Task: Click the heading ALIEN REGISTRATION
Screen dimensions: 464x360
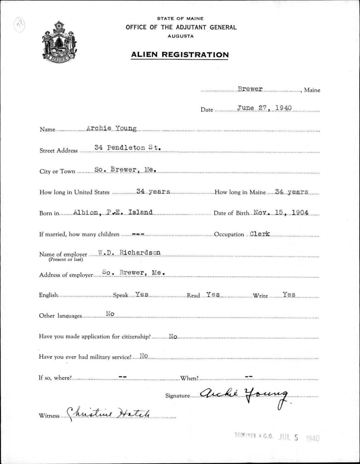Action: coord(180,55)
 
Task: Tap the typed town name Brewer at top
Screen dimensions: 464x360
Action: coord(250,89)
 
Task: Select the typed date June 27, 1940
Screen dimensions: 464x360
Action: coord(264,108)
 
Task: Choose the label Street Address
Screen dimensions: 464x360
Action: coord(58,151)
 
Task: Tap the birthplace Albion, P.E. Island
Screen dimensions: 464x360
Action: coord(113,212)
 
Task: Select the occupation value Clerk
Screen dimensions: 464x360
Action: coord(259,234)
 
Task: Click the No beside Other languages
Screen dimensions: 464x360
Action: coord(110,314)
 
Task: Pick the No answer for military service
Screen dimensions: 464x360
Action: coord(144,356)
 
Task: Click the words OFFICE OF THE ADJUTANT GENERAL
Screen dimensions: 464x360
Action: coord(181,27)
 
